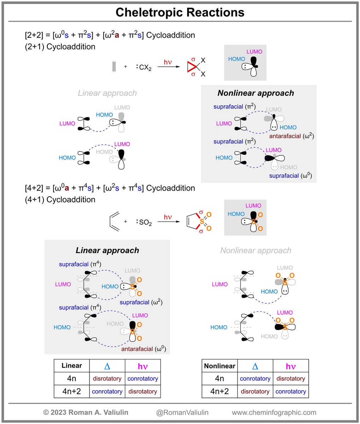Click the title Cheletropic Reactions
tap(180, 12)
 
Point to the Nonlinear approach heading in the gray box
tap(255, 93)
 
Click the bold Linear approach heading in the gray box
tap(107, 250)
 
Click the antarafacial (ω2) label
tap(291, 136)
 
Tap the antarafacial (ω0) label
tap(143, 349)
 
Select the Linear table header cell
tap(72, 366)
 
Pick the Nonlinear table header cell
tap(220, 366)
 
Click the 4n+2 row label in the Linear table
tap(72, 391)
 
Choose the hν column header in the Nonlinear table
tap(291, 366)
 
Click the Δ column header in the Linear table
tap(107, 366)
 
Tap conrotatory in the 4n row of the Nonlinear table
tap(255, 379)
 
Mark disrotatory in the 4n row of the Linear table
tap(107, 379)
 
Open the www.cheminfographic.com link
tap(274, 412)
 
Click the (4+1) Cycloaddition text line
tap(60, 200)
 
